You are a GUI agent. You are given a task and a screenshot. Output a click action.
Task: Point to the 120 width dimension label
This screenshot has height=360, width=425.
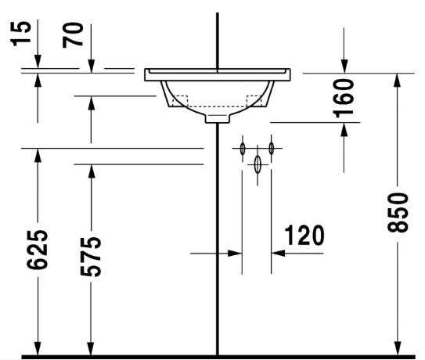pos(303,234)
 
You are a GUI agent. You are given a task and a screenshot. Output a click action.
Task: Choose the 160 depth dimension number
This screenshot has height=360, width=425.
pos(343,97)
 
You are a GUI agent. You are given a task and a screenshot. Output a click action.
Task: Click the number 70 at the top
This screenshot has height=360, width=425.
pos(74,35)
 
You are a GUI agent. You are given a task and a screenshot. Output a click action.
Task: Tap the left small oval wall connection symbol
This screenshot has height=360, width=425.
pos(243,148)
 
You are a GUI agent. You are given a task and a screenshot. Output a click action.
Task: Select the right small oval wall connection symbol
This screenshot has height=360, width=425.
pos(272,147)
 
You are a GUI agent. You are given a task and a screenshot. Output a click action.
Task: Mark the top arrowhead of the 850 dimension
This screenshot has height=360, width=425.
pos(398,79)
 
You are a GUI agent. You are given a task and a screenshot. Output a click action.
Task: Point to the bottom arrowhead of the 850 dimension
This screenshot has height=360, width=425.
pos(398,350)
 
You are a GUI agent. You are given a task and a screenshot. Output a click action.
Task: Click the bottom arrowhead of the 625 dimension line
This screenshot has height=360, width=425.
pos(37,350)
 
